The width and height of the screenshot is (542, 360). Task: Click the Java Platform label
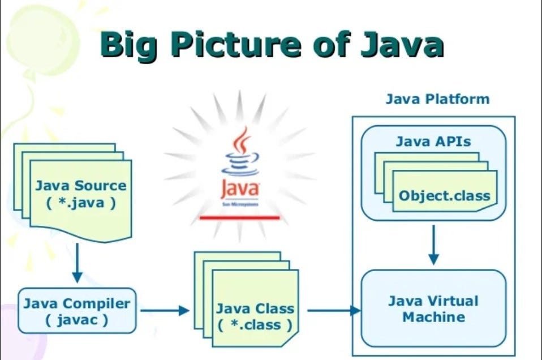point(437,99)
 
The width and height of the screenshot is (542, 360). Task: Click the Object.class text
point(444,196)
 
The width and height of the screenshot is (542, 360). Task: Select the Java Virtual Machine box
point(433,308)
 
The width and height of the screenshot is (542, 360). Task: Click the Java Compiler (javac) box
point(77,311)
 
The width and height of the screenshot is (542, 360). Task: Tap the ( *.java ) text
point(81,202)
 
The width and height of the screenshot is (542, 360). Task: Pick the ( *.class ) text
point(255,325)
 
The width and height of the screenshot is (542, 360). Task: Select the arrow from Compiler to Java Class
point(165,310)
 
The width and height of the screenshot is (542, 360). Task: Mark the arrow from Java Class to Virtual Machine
point(334,310)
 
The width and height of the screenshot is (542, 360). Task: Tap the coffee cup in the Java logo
point(240,156)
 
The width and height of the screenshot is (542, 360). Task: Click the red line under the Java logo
point(240,217)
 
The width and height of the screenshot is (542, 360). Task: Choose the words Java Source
point(81,185)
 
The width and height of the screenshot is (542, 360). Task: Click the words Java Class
point(255,308)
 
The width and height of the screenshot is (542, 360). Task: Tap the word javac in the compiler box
point(77,319)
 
